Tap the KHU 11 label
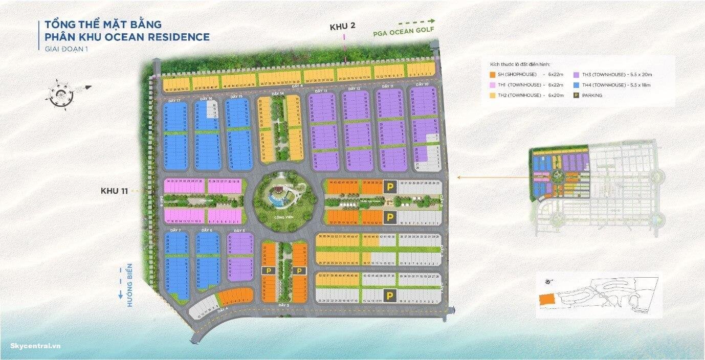point(114,191)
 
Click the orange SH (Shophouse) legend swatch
point(493,75)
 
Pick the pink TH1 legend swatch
point(493,85)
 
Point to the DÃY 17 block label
point(174,101)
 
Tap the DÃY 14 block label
point(278,94)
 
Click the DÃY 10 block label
point(422,84)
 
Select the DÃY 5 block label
point(240,231)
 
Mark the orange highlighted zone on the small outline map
point(545,300)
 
